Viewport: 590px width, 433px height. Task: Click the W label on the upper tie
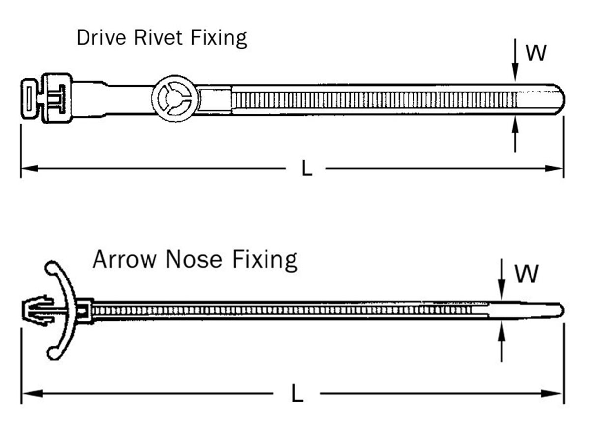pos(535,53)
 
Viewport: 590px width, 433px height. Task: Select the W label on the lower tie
pos(527,274)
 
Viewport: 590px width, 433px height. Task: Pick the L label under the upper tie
pos(307,169)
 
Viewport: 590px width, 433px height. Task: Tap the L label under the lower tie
pos(296,394)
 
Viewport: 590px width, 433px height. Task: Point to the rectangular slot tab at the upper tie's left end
pos(29,97)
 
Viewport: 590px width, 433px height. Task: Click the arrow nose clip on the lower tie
pos(38,310)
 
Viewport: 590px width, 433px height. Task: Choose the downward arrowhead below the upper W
pos(515,74)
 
